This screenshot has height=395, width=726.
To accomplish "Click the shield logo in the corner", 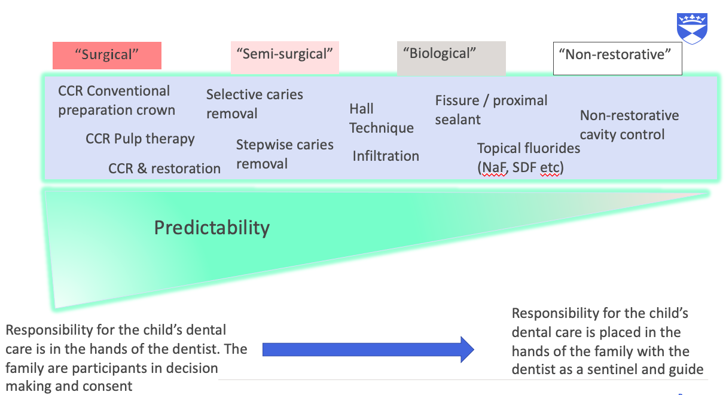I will (x=692, y=28).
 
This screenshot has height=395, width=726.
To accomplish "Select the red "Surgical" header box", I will (x=107, y=56).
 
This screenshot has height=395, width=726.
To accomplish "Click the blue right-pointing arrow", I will (x=367, y=349).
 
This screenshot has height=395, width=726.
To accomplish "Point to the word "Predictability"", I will (x=212, y=228).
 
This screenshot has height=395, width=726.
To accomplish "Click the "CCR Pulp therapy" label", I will (x=140, y=139).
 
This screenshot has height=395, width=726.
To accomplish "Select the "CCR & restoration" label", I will (x=164, y=169).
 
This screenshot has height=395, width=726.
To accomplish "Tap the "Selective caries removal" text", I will (x=254, y=104).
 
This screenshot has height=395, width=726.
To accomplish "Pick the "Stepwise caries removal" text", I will (x=285, y=154).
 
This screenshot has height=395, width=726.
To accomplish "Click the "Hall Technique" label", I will (x=381, y=118).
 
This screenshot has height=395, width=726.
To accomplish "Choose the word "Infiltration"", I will (x=386, y=156).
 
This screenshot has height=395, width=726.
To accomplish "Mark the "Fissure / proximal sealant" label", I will (x=491, y=110).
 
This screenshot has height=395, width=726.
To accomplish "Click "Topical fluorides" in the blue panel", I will (x=528, y=148).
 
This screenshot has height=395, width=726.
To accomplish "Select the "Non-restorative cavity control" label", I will (x=629, y=125).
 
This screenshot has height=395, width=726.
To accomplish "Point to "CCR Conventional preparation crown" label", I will (x=116, y=100).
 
